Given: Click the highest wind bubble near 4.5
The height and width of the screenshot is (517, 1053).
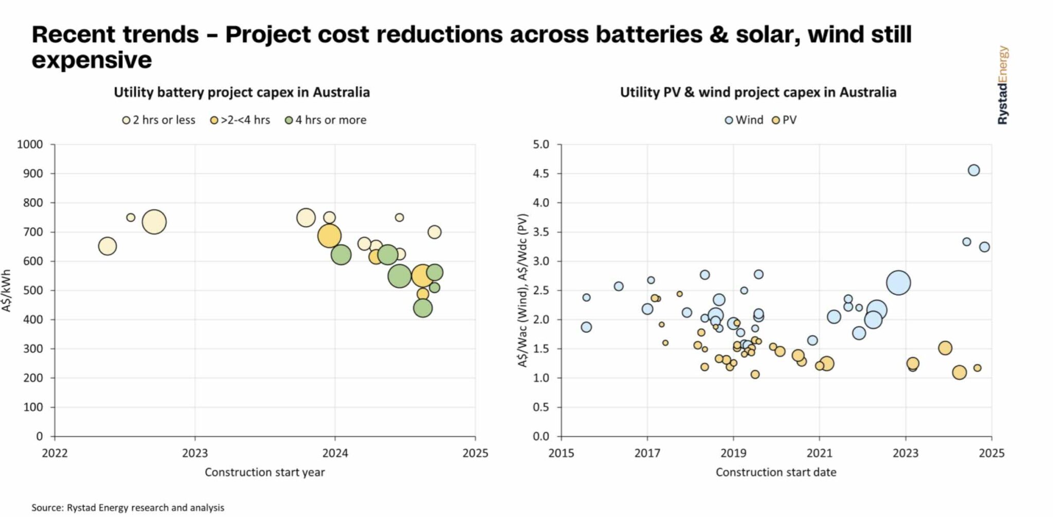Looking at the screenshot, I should coord(973,170).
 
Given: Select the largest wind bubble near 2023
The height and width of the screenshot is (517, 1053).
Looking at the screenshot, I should coord(898,283).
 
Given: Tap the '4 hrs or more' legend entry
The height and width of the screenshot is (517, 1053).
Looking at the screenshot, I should coord(325,120).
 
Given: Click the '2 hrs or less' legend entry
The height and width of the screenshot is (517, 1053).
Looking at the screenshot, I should coord(159,120).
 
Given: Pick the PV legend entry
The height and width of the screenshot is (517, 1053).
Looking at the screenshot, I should coord(784,120).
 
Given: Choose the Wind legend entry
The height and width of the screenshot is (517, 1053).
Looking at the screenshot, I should coord(743,120).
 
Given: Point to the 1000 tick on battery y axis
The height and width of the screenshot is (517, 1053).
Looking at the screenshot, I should coord(30,145).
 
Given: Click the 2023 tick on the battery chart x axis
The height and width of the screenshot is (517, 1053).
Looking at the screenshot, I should coord(195,453).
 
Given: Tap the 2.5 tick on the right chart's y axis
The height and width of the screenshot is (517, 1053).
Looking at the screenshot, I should coord(541,290).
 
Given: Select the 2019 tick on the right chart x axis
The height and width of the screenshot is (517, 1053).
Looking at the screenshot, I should coord(733,453).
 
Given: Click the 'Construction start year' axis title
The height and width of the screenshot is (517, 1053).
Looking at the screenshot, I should coord(265,472).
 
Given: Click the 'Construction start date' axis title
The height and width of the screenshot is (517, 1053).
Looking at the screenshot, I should coord(776,472).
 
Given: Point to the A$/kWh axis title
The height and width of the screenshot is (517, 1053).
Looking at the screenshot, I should coord(6,291).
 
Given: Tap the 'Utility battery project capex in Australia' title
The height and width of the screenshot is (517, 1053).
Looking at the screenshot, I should coord(242,92).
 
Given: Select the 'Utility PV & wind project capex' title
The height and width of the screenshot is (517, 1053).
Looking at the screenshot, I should coord(758,92).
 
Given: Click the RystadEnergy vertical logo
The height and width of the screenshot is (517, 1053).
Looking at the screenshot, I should coord(1003,85).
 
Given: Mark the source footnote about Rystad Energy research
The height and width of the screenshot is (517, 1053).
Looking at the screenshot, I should coord(128,508).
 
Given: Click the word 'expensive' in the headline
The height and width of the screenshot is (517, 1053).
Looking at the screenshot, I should coord(92,60).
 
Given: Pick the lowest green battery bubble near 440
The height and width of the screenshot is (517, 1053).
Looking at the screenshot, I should coord(422,308).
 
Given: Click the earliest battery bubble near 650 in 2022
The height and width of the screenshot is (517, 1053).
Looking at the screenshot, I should coord(107,246).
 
